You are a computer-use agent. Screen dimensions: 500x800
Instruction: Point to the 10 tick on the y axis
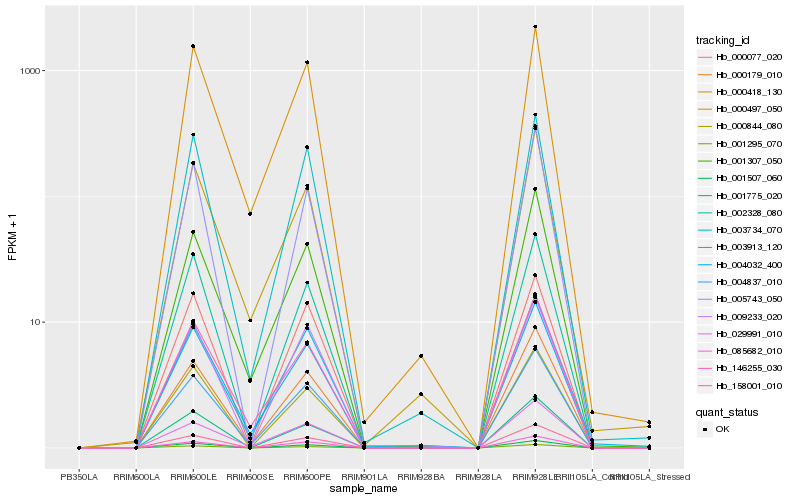point(36,322)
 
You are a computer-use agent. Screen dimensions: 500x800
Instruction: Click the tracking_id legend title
point(723,40)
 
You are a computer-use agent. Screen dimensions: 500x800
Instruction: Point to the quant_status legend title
point(727,411)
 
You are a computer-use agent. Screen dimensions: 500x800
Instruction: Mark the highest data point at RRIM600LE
point(193,46)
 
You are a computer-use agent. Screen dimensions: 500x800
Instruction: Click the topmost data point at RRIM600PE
point(307,62)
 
